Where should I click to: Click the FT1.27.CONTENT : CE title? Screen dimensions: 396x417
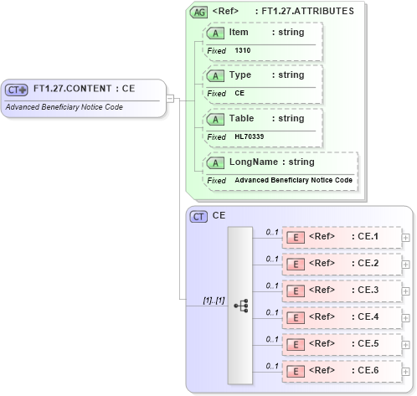click(84, 89)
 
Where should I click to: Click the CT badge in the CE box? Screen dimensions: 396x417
click(198, 217)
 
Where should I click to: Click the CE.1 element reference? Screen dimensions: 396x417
click(342, 237)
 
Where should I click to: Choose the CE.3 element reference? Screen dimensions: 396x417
click(342, 290)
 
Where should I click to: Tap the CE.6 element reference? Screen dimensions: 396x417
click(342, 370)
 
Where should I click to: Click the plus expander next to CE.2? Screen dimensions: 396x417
click(406, 264)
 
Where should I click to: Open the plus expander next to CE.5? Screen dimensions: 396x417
click(406, 344)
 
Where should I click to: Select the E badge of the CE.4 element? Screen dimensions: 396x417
click(296, 316)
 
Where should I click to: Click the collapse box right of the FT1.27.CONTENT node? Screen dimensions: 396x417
click(170, 98)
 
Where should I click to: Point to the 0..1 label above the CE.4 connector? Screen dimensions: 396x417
click(271, 311)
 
